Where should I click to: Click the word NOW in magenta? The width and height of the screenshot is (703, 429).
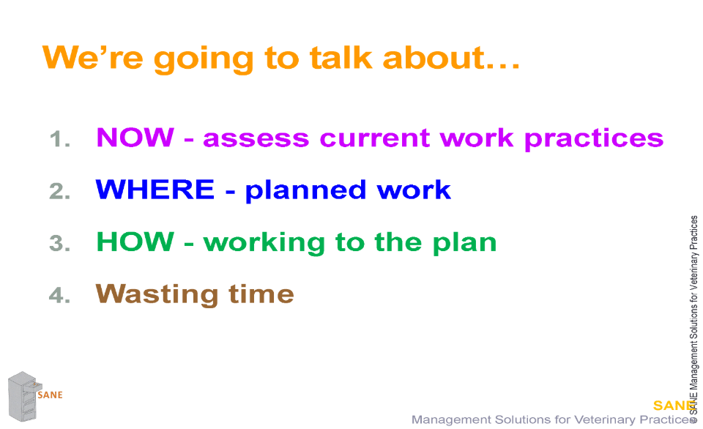click(x=135, y=137)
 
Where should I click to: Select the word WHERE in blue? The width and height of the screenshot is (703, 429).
click(x=155, y=189)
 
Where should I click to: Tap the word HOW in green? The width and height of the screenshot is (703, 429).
click(x=135, y=242)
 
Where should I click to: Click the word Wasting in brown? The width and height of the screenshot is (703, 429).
click(x=157, y=295)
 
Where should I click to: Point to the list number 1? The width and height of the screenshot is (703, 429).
click(x=59, y=138)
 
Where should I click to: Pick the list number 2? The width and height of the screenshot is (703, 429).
click(x=59, y=191)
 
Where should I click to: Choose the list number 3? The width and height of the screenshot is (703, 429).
click(x=59, y=243)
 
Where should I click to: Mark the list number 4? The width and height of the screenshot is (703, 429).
click(x=59, y=296)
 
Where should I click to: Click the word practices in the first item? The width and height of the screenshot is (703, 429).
click(x=594, y=139)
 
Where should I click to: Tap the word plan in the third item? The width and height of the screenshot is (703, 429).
click(x=464, y=243)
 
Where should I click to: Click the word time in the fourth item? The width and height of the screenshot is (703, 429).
click(x=261, y=294)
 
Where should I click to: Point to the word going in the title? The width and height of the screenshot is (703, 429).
click(x=204, y=60)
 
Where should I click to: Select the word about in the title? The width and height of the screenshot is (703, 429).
click(x=434, y=58)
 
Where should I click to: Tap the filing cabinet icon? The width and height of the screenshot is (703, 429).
click(x=23, y=396)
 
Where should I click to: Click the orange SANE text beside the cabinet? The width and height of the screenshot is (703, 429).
click(x=51, y=395)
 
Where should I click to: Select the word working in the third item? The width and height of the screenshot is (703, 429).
click(x=264, y=243)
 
